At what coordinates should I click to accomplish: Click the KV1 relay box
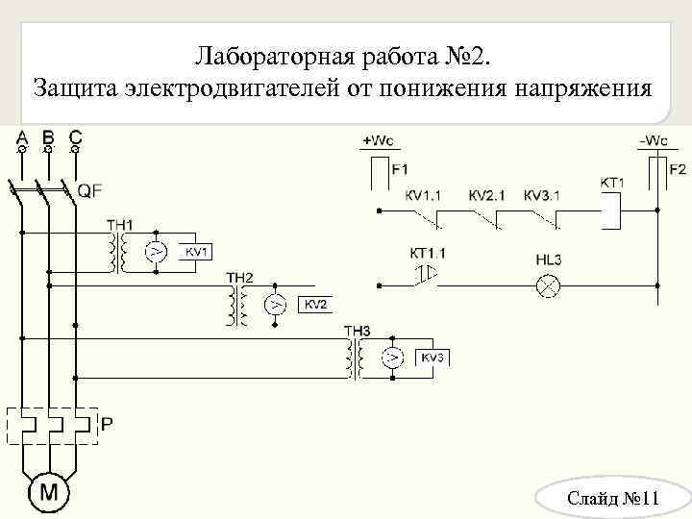tap(196, 251)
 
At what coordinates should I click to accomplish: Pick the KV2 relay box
tap(316, 305)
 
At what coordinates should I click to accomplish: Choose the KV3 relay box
tap(432, 358)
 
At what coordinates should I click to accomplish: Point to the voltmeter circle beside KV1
tap(155, 252)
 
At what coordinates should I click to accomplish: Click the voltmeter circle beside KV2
tap(275, 306)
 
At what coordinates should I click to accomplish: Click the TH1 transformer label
tap(120, 225)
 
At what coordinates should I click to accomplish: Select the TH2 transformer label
tap(240, 279)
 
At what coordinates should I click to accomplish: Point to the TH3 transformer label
tap(357, 332)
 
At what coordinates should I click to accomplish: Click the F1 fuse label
tap(399, 169)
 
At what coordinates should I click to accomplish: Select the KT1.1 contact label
tap(428, 253)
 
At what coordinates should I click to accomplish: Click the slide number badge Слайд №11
tap(611, 499)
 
